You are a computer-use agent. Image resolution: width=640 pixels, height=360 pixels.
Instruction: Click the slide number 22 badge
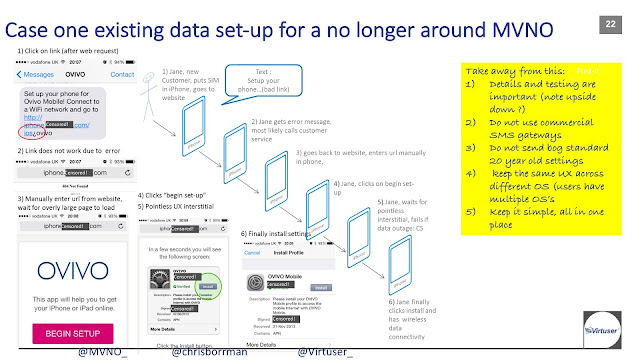[x=609, y=21]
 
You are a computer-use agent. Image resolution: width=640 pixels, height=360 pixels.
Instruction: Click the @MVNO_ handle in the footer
[x=103, y=351]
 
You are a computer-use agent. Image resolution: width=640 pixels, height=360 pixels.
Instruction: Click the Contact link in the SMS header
[x=123, y=74]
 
